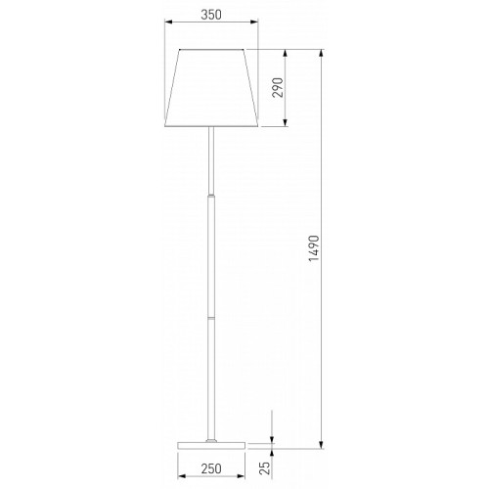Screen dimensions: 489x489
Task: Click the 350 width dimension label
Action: (x=211, y=15)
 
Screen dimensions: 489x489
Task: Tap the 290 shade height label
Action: (x=278, y=88)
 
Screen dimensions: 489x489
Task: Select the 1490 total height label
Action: (x=314, y=248)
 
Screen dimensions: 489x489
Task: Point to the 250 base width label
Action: (x=211, y=468)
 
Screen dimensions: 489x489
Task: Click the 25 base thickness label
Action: (x=265, y=468)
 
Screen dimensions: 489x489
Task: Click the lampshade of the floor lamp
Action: (x=211, y=88)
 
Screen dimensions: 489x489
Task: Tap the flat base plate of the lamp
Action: (x=211, y=445)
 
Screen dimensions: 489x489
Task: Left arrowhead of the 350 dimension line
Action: (x=169, y=22)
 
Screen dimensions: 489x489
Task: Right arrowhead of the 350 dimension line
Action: (x=254, y=22)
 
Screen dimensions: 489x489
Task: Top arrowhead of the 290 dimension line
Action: (x=286, y=54)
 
